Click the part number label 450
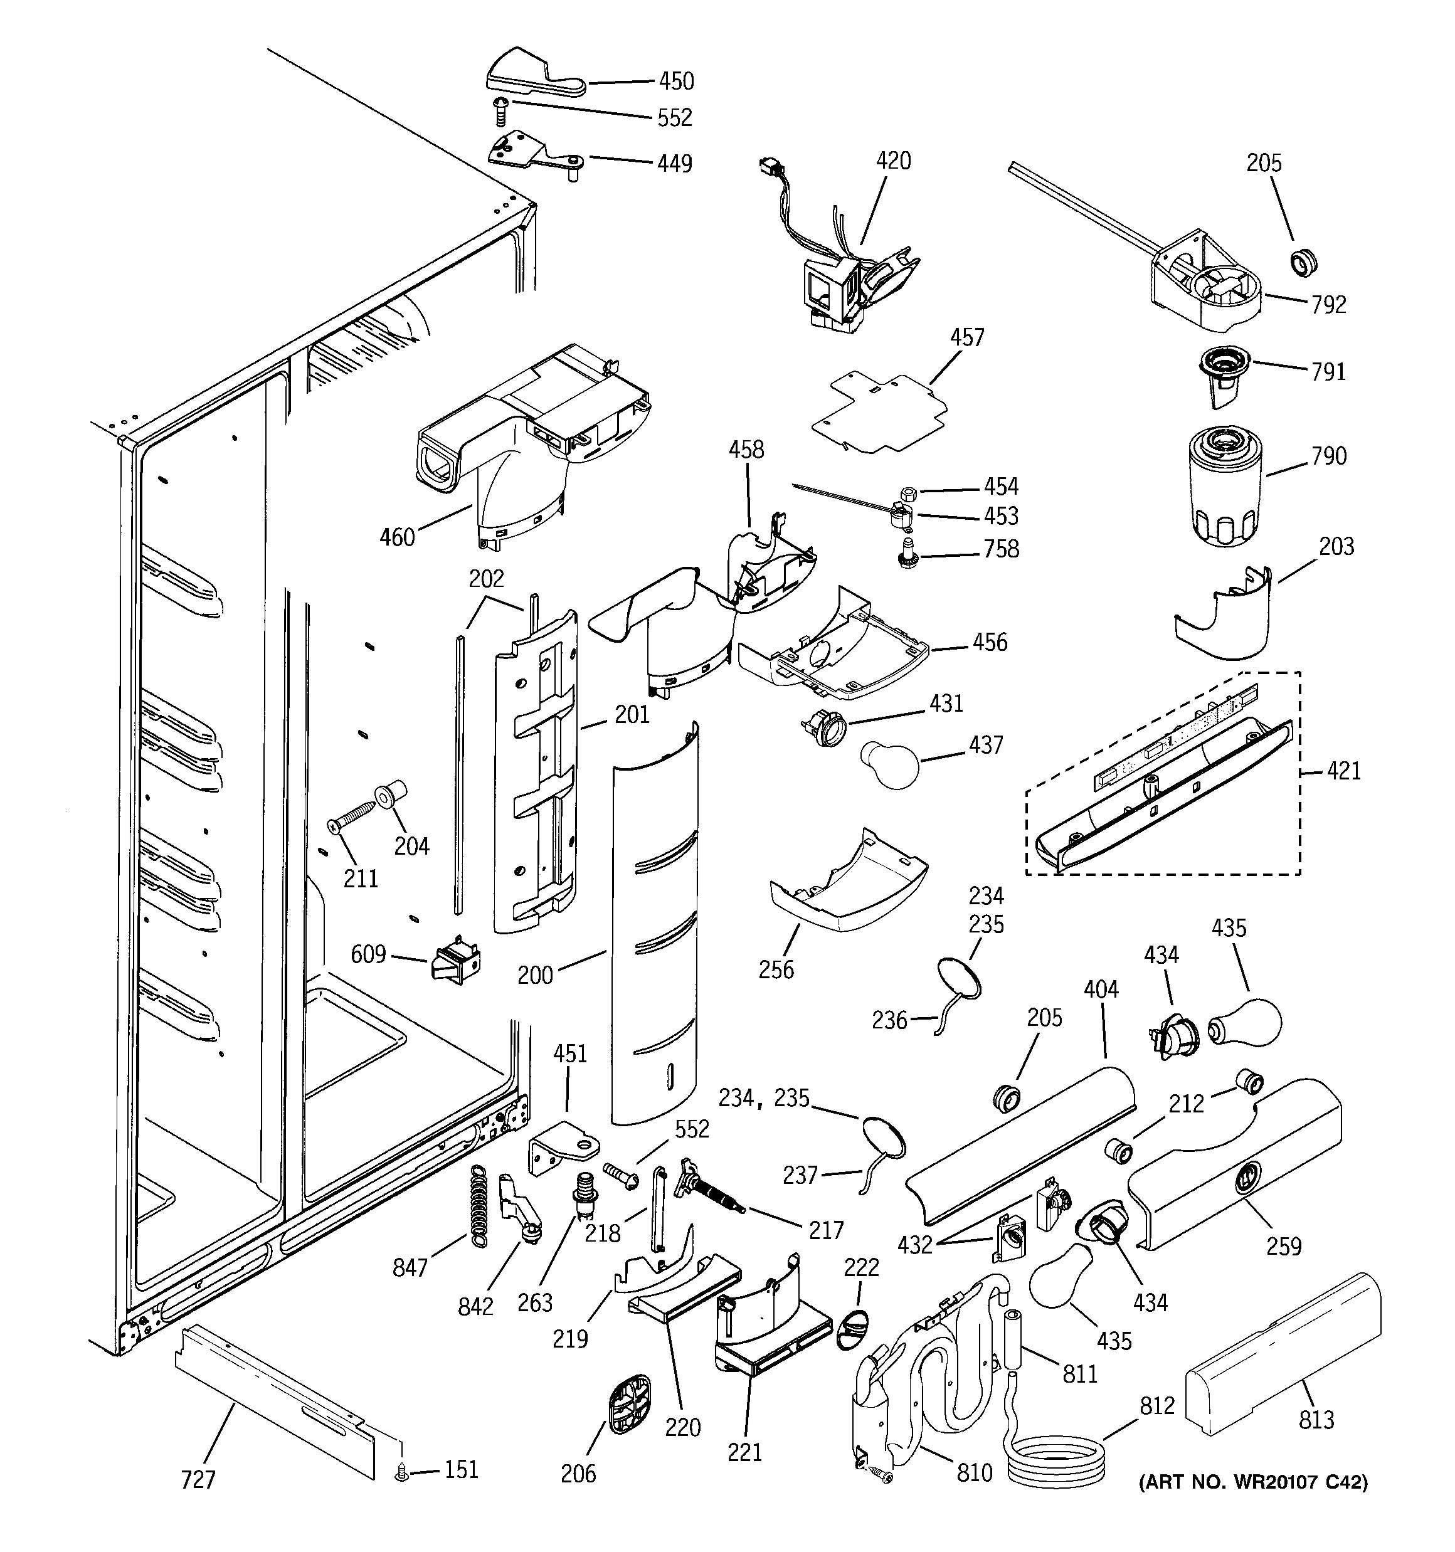point(675,81)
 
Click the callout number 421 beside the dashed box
point(1343,771)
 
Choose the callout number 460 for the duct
point(397,537)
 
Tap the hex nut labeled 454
point(907,494)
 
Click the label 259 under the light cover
point(1283,1246)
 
